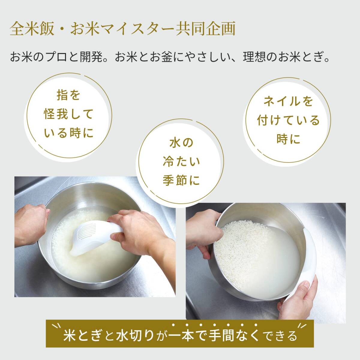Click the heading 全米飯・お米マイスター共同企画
(122, 29)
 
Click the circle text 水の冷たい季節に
(181, 162)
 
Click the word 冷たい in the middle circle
(181, 162)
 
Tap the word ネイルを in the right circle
(288, 102)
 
